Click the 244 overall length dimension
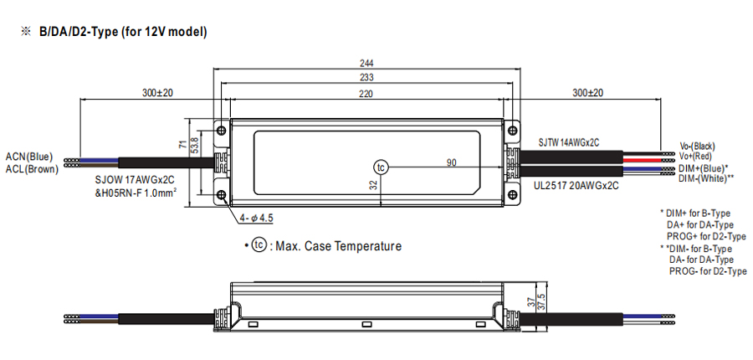(366, 64)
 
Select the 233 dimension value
(366, 78)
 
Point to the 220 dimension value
(366, 94)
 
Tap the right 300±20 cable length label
(588, 93)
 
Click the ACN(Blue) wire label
(29, 157)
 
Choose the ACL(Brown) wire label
(30, 169)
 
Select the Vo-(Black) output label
(698, 146)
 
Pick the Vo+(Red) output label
(695, 157)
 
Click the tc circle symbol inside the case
(382, 167)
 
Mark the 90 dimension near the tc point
(451, 162)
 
